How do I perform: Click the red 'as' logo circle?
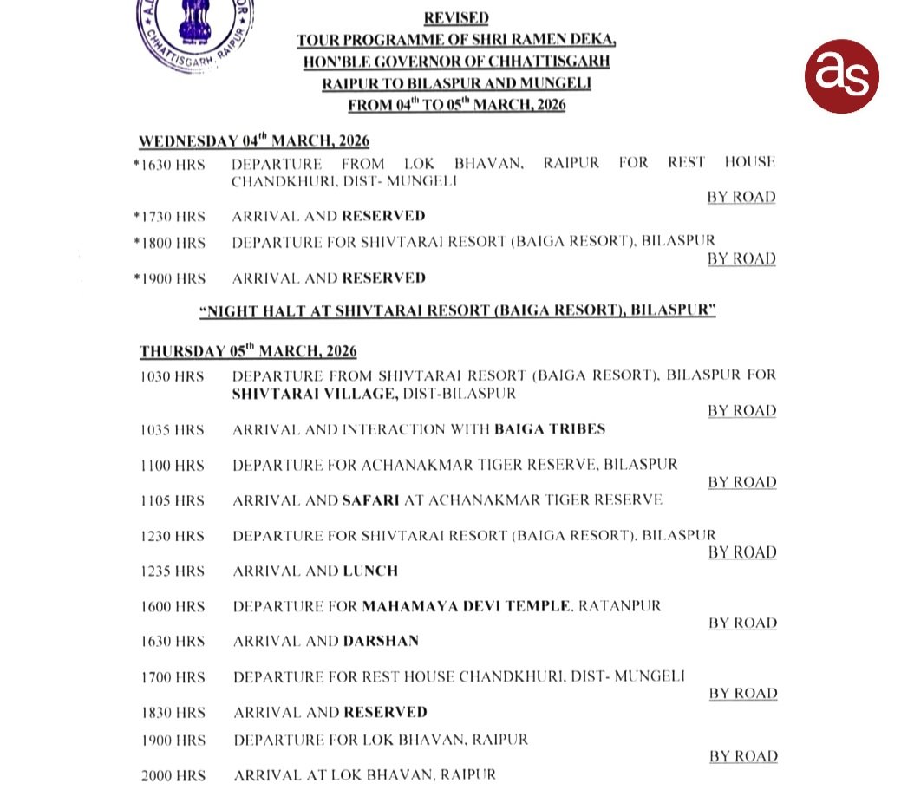(x=840, y=76)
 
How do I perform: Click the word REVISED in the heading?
(x=456, y=17)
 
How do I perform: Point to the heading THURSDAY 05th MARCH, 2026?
(x=248, y=351)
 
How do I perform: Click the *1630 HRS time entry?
(x=170, y=164)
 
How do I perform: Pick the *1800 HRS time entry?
(x=170, y=243)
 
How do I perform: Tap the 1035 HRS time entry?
(x=173, y=430)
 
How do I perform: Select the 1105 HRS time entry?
(x=173, y=500)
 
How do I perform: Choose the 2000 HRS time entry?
(x=173, y=775)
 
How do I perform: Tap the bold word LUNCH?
(x=370, y=571)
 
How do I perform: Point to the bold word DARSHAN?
(x=381, y=642)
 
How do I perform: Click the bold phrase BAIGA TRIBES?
(x=550, y=429)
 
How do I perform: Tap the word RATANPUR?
(x=621, y=606)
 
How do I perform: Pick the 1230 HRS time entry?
(x=173, y=536)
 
